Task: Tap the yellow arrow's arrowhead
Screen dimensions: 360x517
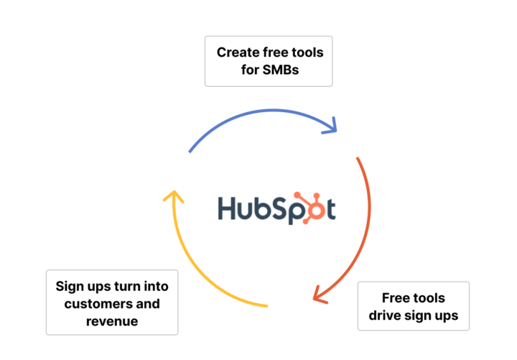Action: coord(173,195)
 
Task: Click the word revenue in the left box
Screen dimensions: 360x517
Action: coord(112,321)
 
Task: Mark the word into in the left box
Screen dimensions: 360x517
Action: coord(155,286)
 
